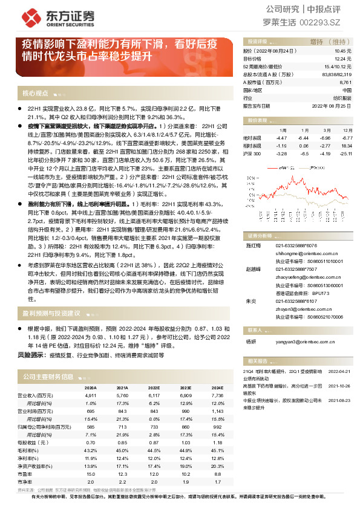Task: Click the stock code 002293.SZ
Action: pos(329,22)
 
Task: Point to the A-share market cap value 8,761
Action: pos(345,82)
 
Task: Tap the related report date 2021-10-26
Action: pos(340,384)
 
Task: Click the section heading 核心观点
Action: pos(35,93)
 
